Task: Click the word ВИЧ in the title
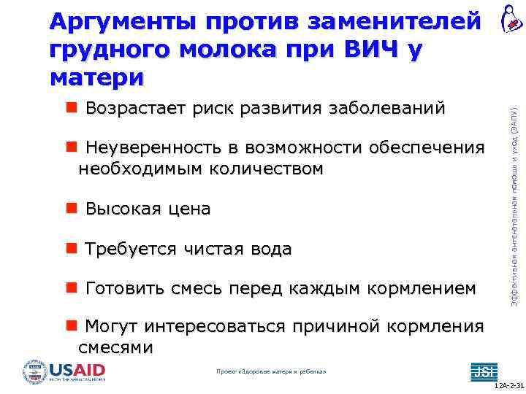point(365,50)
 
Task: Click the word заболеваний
point(386,109)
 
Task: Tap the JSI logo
point(482,370)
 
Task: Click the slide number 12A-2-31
point(507,385)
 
